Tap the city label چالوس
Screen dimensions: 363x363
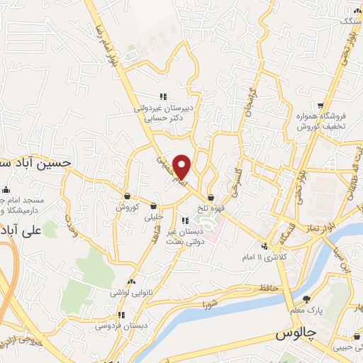293,333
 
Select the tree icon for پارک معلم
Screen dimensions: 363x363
306,299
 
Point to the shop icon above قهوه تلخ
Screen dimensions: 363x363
211,198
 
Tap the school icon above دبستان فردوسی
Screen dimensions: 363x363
121,315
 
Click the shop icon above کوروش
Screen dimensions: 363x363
126,196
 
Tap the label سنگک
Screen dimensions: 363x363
350,22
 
